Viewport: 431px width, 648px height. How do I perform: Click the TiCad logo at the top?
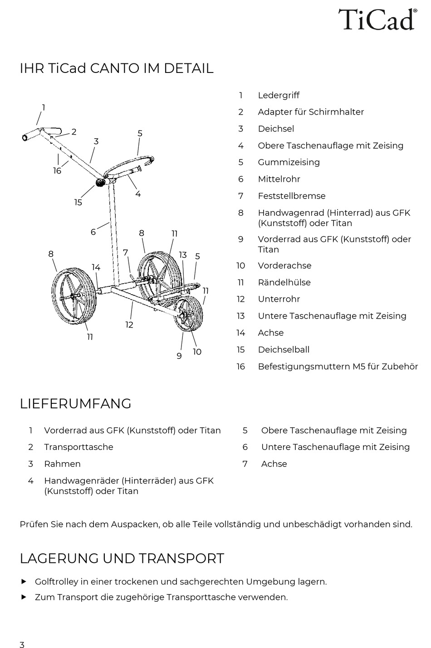click(377, 19)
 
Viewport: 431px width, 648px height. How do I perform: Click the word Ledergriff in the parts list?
click(279, 95)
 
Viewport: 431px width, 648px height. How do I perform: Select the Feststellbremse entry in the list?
click(291, 196)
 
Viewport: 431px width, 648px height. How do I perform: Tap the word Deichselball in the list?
click(284, 349)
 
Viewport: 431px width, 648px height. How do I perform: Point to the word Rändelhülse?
click(284, 282)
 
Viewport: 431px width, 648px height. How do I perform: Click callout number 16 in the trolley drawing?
click(57, 171)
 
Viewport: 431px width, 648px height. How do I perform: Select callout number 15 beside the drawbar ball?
click(78, 202)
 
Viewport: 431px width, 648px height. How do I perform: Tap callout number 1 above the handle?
click(44, 108)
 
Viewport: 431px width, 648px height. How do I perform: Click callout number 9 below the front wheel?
click(179, 356)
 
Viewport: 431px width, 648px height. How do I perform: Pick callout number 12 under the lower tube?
click(129, 325)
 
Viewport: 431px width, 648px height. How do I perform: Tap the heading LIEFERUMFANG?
click(75, 403)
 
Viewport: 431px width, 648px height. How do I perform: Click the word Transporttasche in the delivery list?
click(78, 447)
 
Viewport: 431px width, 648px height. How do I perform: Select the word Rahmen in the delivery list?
click(62, 464)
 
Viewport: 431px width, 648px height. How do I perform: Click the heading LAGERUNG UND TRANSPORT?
click(122, 558)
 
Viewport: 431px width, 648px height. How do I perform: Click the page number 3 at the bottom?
click(22, 645)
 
